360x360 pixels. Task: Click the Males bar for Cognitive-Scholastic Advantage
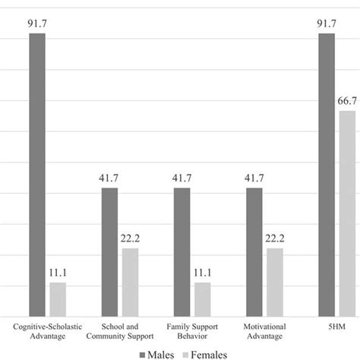37,175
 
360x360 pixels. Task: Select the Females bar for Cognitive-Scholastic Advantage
58,299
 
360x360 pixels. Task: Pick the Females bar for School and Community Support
130,282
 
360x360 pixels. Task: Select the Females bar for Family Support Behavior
202,299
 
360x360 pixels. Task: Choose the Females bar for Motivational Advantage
275,282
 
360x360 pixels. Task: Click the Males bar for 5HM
326,175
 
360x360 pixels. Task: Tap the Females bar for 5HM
347,213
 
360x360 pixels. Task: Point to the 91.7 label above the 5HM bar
326,24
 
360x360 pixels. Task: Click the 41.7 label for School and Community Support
109,178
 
